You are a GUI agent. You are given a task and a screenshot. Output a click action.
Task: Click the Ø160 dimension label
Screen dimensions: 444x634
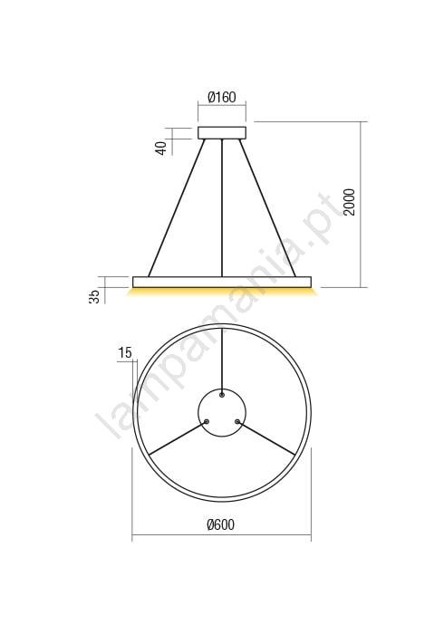[x=222, y=97]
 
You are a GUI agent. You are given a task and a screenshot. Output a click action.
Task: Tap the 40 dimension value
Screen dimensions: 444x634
[x=161, y=148]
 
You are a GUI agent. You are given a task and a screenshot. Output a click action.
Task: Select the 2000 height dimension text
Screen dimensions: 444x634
[x=349, y=202]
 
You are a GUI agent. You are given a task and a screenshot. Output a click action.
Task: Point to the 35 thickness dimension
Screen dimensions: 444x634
[x=94, y=296]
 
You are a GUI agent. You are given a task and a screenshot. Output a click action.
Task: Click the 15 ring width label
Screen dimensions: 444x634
[x=125, y=353]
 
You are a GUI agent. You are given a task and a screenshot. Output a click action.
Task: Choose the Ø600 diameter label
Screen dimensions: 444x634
[x=221, y=524]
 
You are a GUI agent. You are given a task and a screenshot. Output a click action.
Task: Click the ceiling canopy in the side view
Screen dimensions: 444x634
[x=222, y=133]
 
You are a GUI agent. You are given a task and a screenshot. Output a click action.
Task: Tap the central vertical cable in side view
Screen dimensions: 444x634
[x=222, y=207]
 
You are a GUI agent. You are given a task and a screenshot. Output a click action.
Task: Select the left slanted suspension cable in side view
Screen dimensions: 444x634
[x=177, y=207]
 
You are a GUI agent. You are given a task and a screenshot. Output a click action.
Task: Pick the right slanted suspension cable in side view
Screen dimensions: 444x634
[x=267, y=207]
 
